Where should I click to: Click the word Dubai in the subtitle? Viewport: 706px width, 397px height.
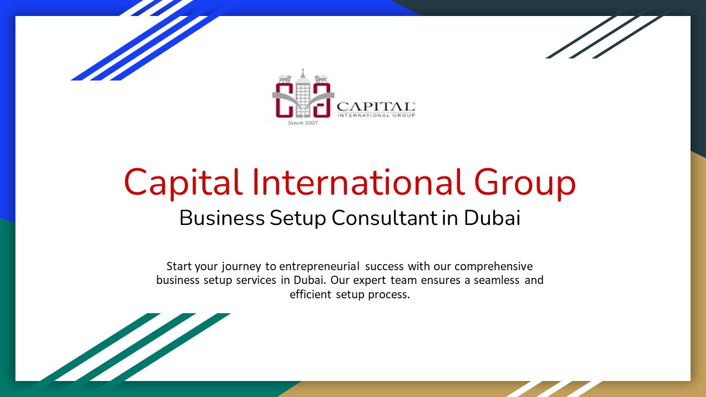click(x=492, y=218)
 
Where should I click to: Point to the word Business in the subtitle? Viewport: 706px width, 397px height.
click(x=222, y=218)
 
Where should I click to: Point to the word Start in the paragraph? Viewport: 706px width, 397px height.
click(x=179, y=266)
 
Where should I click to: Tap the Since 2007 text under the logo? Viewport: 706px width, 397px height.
click(x=303, y=122)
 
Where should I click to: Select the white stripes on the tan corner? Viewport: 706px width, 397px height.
click(x=557, y=388)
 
